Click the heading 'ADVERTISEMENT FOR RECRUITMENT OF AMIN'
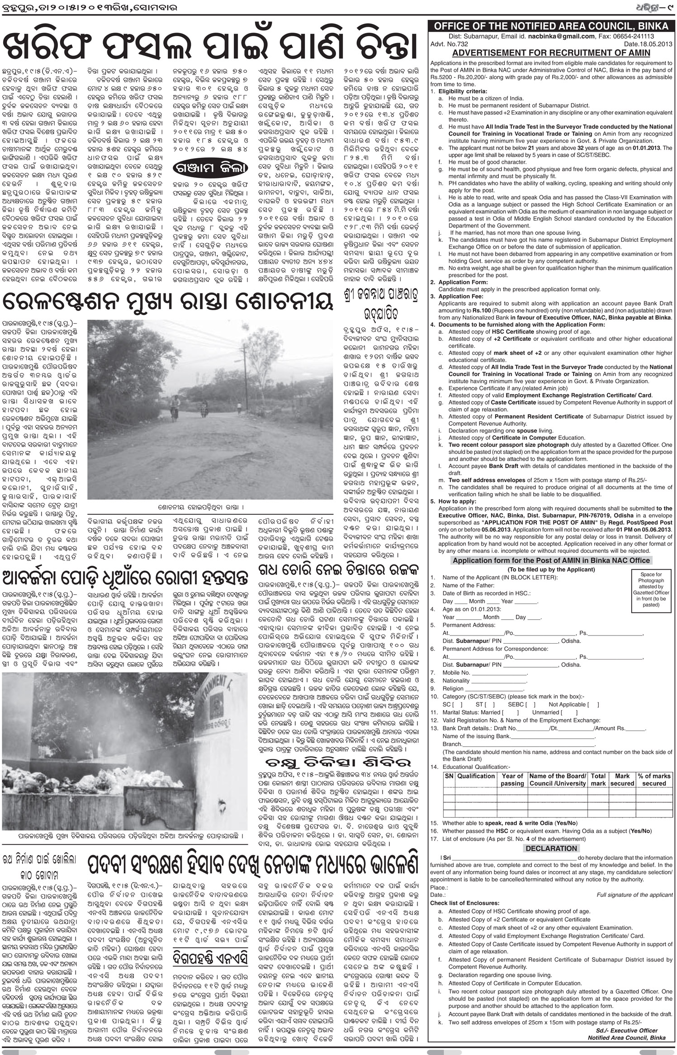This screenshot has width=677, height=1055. [x=551, y=52]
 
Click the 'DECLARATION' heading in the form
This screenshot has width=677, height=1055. [x=551, y=848]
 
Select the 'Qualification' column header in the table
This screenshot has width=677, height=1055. [x=476, y=776]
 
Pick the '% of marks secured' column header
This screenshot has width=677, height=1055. [x=654, y=780]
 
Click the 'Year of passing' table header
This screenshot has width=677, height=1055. [x=512, y=780]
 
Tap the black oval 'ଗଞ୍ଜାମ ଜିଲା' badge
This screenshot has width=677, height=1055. [x=211, y=168]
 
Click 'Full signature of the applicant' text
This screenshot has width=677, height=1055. [x=634, y=895]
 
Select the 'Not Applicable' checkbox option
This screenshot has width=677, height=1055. [x=573, y=704]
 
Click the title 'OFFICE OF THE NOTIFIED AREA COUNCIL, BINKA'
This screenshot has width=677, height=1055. [x=551, y=26]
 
